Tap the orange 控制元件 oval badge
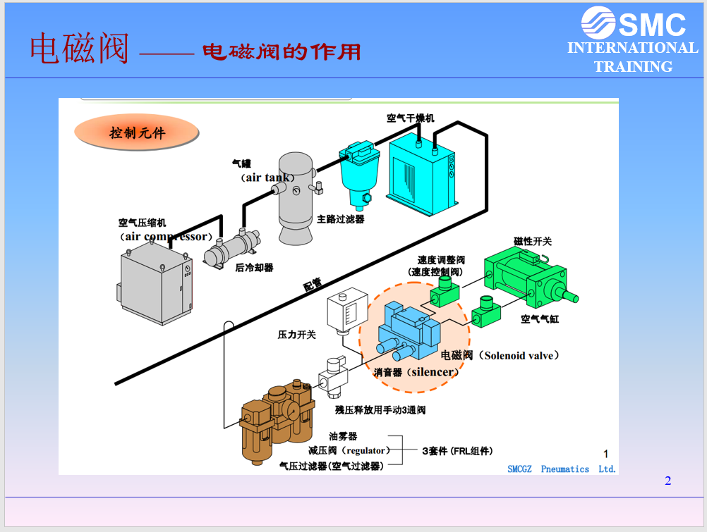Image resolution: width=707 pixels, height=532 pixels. pos(136,132)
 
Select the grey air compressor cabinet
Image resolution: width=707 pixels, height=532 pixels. pos(155,285)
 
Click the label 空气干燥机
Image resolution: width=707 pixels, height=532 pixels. pos(411,118)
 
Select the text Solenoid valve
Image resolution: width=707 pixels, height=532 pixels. pos(521,355)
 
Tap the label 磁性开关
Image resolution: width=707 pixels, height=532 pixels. pos(533,241)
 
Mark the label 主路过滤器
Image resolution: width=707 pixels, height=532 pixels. pos(341,219)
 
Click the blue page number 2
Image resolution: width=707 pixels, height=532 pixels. pos(667,481)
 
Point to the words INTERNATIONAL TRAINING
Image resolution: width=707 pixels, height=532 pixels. pos(632,57)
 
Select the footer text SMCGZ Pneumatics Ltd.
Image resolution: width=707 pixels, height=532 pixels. pos(562,469)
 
